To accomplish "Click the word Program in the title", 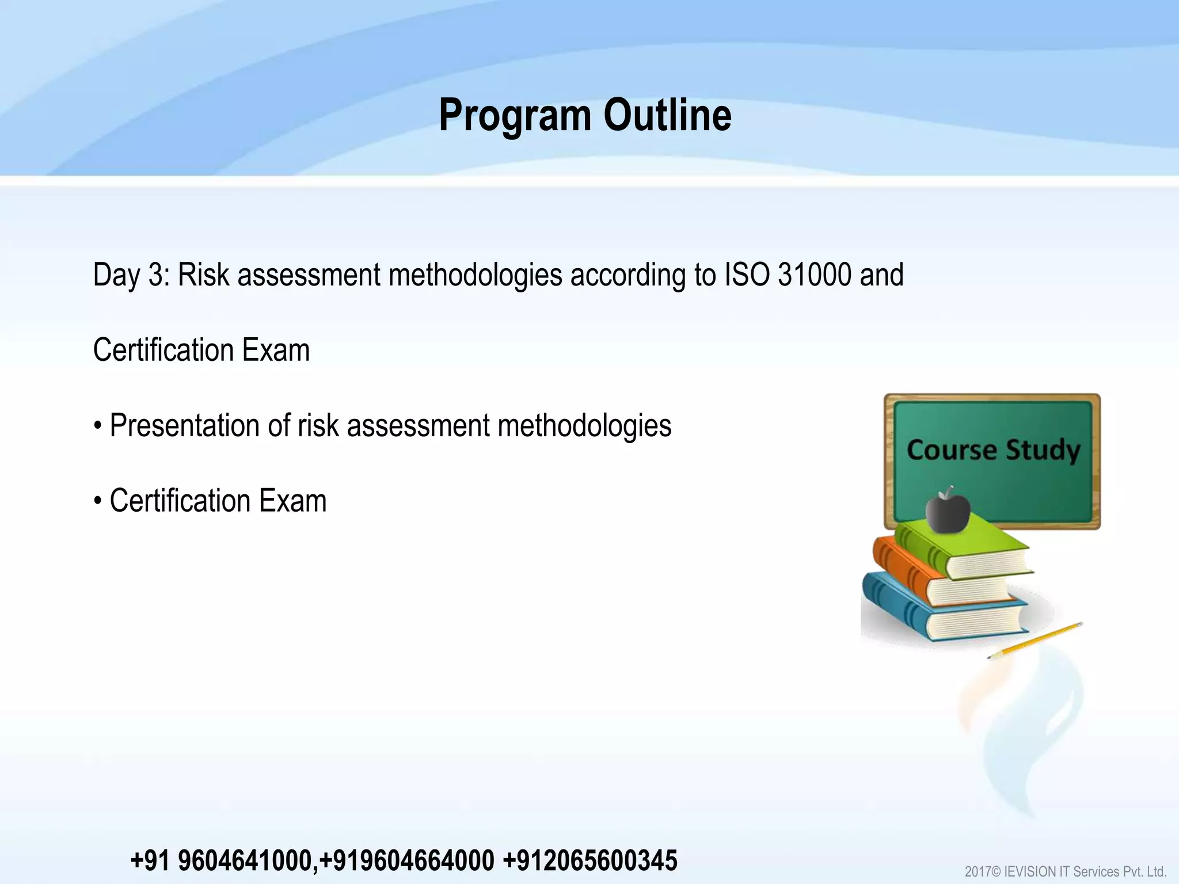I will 515,116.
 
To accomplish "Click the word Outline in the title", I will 667,116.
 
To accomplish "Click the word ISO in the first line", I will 747,275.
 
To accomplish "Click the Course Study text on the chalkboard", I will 993,450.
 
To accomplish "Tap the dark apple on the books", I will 948,510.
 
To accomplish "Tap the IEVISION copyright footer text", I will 1065,871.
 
